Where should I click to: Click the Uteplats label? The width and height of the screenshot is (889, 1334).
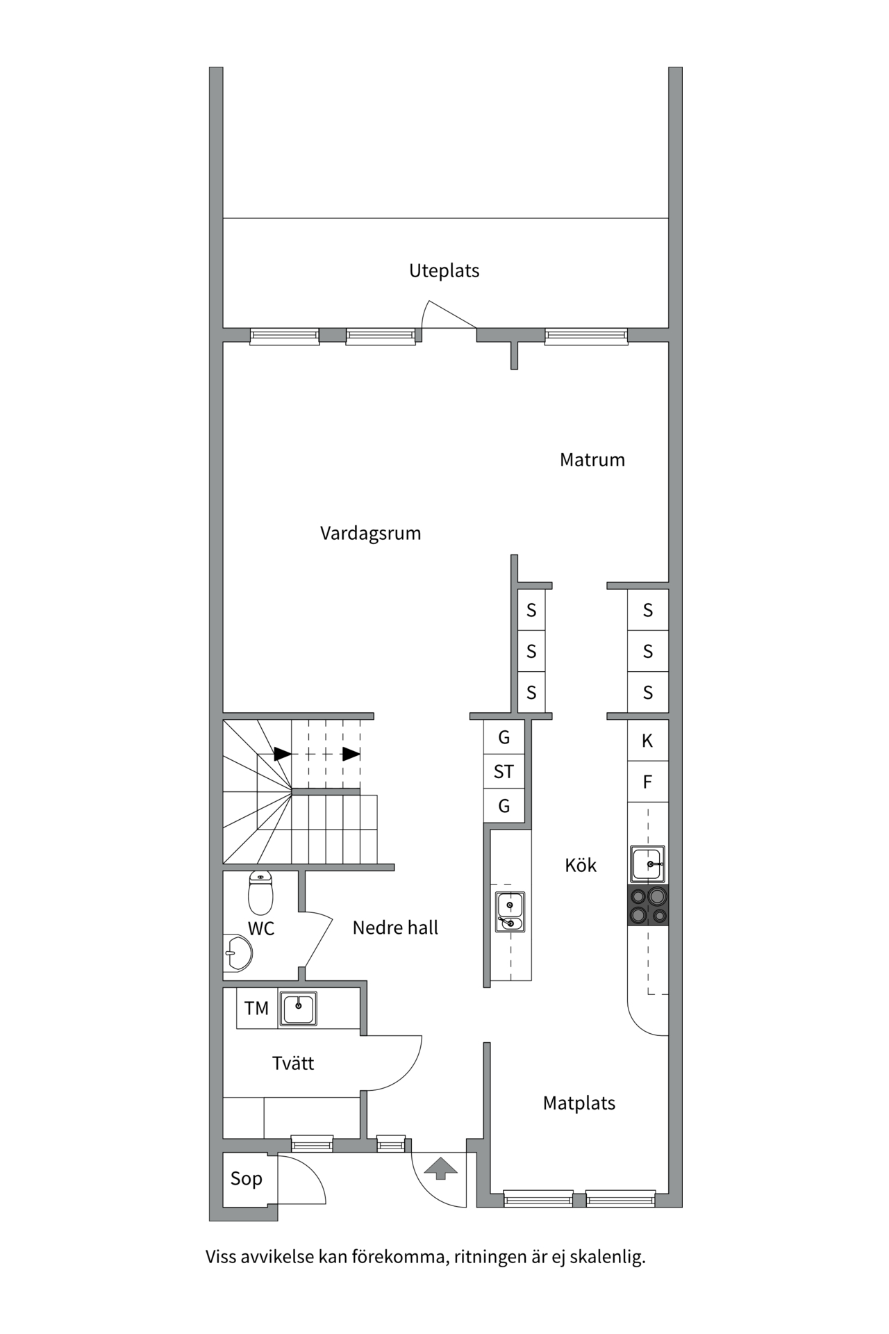click(444, 271)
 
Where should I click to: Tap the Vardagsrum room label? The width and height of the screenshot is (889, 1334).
click(370, 534)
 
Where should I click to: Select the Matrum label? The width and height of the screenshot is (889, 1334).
click(592, 460)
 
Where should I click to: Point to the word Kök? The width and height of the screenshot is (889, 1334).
click(581, 865)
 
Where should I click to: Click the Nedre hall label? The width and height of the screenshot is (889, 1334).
click(395, 928)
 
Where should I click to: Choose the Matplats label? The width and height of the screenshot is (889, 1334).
click(579, 1103)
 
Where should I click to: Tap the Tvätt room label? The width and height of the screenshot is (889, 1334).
click(293, 1063)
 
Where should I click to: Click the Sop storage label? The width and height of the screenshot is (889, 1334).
click(247, 1178)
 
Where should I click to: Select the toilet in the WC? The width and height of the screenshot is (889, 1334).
click(260, 893)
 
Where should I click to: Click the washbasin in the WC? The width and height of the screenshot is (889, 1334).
click(237, 953)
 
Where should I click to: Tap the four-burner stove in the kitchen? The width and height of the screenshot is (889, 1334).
click(648, 905)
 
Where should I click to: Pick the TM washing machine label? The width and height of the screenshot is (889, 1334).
click(256, 1008)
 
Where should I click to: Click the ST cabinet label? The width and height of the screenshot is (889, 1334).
click(504, 772)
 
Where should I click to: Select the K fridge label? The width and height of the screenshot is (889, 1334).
click(647, 741)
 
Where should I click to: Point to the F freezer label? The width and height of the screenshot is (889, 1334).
click(647, 782)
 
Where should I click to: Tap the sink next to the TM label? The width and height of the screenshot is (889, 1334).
click(299, 1009)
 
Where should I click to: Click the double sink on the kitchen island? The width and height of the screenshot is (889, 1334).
click(510, 912)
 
